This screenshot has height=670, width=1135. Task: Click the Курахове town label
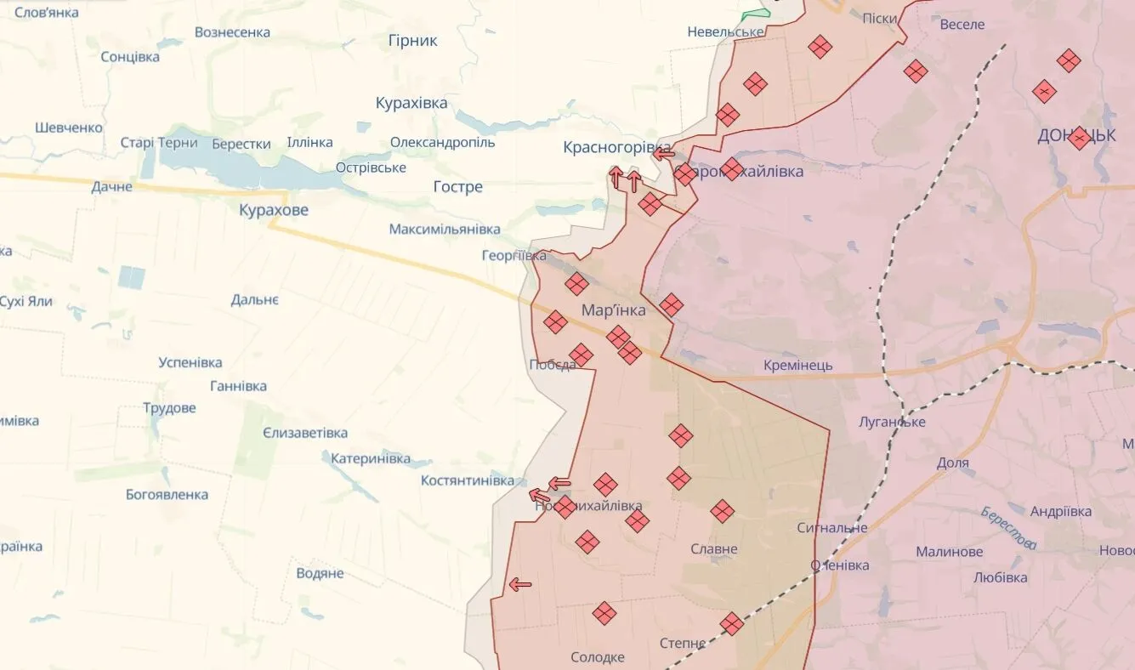pos(273,210)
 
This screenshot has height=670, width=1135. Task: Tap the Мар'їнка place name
pos(613,311)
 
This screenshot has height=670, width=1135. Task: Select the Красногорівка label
pos(616,148)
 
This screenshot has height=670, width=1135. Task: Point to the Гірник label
pos(412,41)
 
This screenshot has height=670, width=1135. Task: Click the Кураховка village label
pos(411,103)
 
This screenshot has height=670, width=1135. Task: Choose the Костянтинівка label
pos(467,481)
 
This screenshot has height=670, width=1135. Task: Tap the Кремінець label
pos(797,366)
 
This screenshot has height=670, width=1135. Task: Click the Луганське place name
pos(892,422)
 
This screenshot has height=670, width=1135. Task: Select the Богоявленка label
pos(167,495)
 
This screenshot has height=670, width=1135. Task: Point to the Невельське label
pos(725,32)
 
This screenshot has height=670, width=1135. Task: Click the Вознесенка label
pos(232,32)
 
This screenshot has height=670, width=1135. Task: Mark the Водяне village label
pos(320,573)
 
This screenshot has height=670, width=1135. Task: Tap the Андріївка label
pos(1061,512)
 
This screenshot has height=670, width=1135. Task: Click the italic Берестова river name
pos(1008,528)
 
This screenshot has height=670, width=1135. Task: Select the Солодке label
pos(597,657)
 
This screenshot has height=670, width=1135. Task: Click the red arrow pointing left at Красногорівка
pos(664,154)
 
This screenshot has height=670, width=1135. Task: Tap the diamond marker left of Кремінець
pos(671,304)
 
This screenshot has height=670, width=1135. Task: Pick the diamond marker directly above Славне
pos(722,511)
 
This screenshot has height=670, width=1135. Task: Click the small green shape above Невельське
pos(754,14)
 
